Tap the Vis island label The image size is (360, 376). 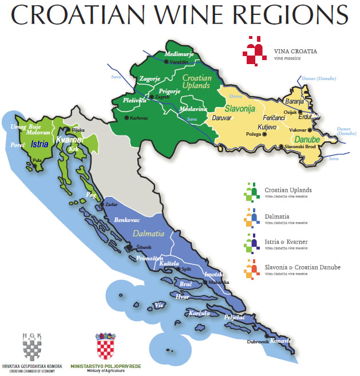coord(159,306)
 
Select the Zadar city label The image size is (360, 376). coord(112,204)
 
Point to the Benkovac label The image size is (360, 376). coord(127,220)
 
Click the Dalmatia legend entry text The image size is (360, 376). coord(277,216)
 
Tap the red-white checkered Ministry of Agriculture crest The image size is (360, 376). coord(105,347)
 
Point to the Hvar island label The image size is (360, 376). coord(183,296)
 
